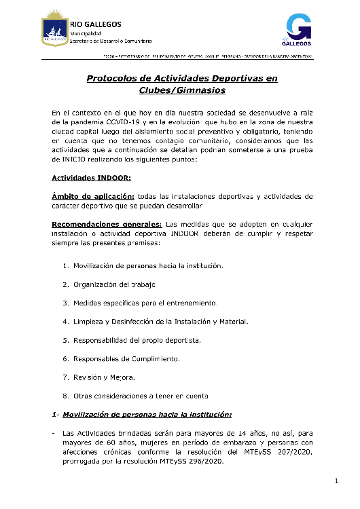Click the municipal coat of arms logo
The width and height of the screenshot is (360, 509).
point(54,30)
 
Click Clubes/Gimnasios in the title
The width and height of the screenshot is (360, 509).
point(182,90)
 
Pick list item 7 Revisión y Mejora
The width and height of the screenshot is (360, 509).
point(109,377)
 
